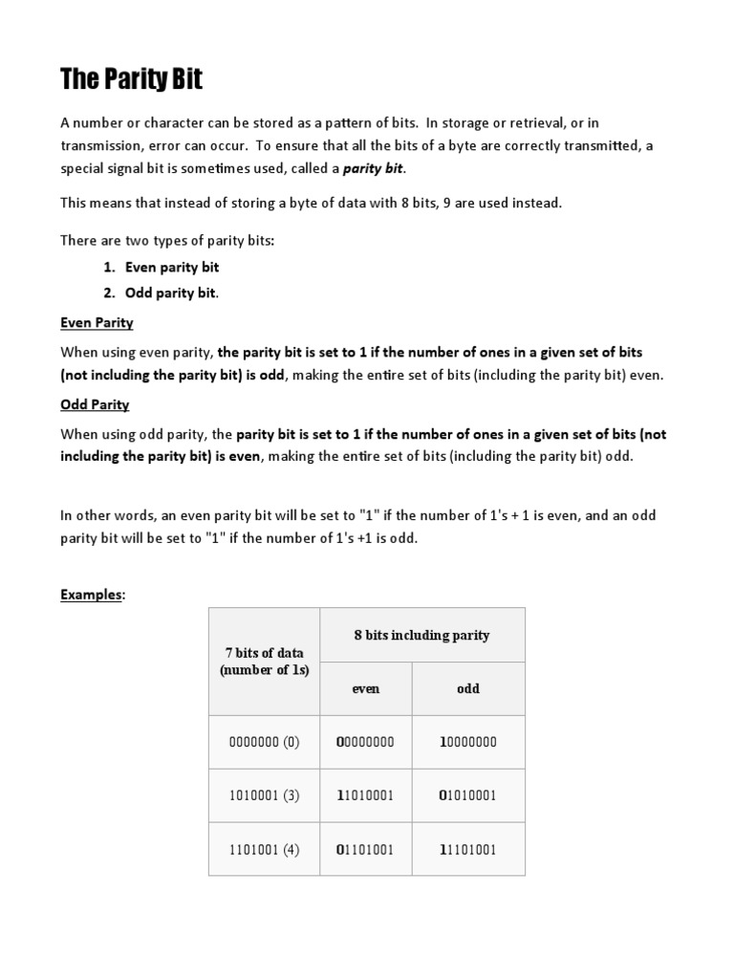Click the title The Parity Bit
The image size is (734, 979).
(x=131, y=79)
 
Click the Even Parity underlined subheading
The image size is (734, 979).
(x=97, y=322)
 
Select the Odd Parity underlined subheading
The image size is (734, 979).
(x=95, y=404)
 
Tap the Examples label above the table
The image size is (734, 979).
(x=92, y=595)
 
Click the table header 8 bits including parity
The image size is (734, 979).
(x=421, y=635)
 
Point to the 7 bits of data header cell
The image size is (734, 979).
(x=264, y=662)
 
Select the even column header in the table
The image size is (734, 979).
(x=365, y=688)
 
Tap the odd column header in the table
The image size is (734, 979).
(x=468, y=688)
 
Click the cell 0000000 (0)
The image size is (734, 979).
(x=264, y=742)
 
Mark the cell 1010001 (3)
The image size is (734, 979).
(x=264, y=795)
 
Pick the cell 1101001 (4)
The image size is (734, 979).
(x=264, y=849)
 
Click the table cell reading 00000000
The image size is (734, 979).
(x=365, y=742)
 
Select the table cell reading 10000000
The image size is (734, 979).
(x=468, y=742)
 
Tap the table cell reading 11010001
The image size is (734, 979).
(x=365, y=795)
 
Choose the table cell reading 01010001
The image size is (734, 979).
(x=468, y=795)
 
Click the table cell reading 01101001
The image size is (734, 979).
(x=365, y=849)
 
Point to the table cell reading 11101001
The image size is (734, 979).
(x=468, y=849)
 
